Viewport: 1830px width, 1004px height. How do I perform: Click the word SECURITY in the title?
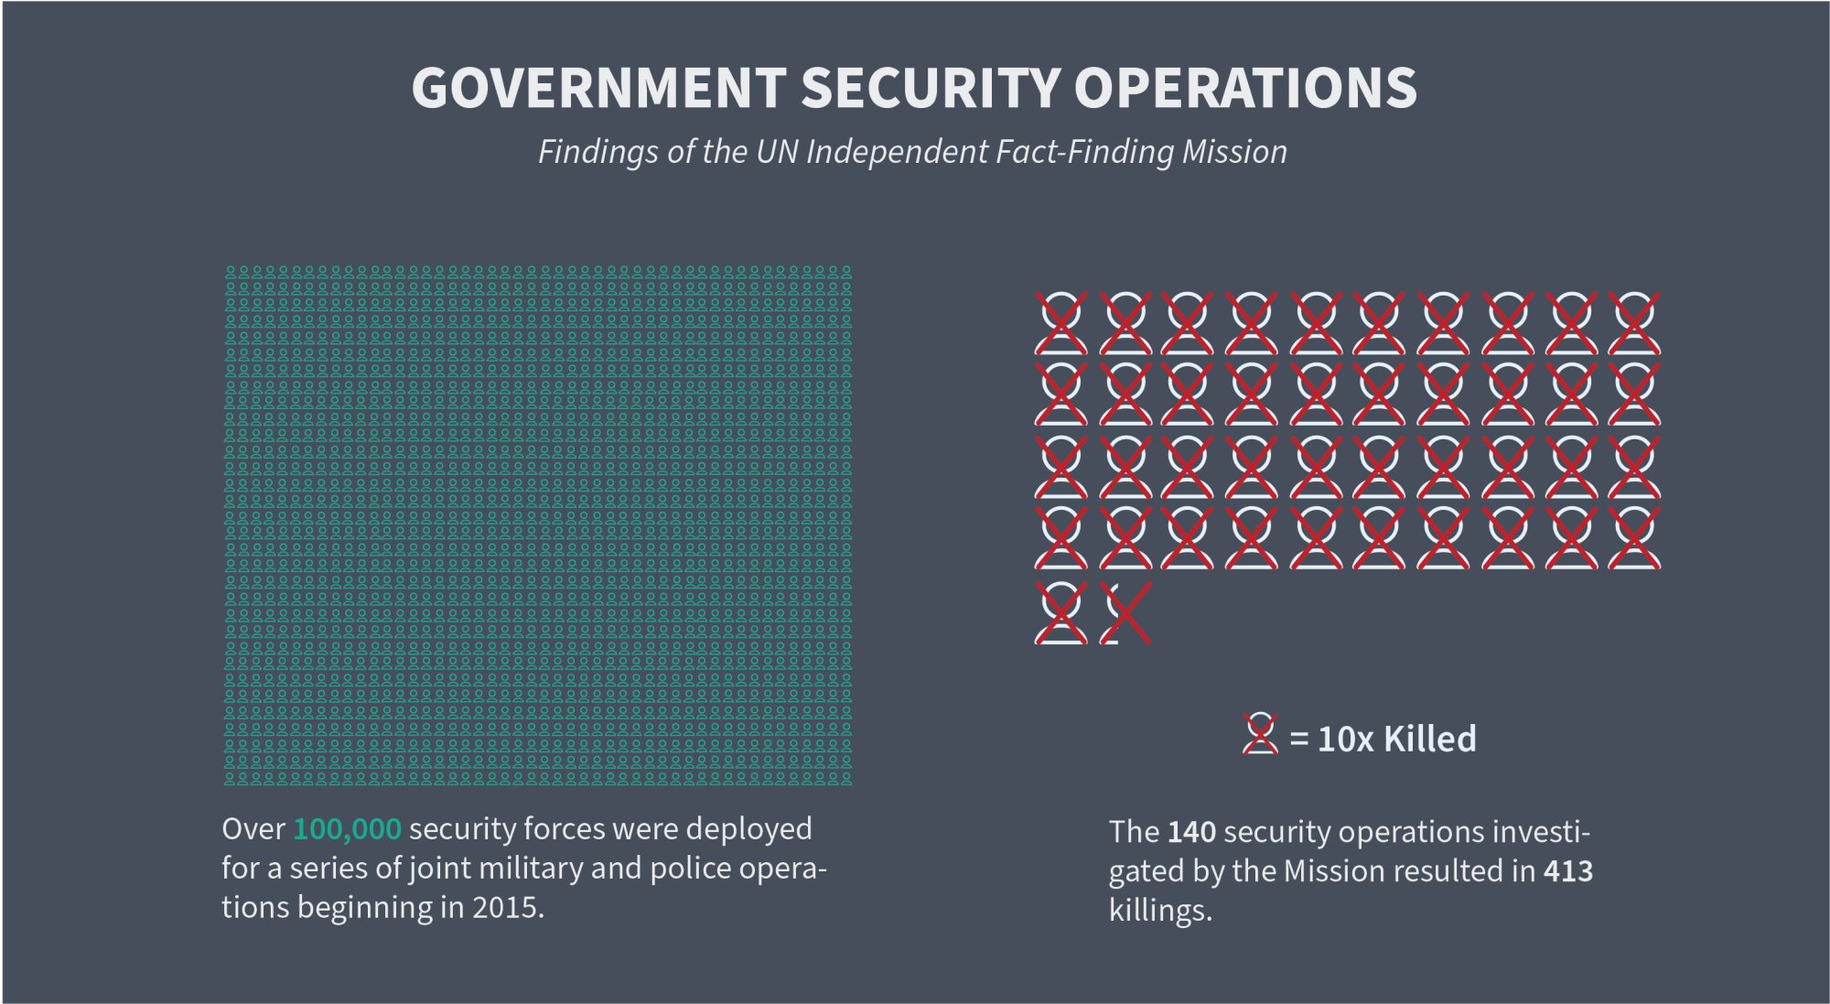(930, 89)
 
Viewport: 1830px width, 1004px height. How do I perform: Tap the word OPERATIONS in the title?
(1245, 89)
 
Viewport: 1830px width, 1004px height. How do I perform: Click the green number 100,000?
(347, 829)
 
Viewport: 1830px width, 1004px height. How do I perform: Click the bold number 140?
(1191, 832)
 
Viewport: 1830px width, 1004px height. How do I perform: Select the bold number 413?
(1568, 871)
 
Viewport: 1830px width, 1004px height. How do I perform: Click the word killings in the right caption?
(1158, 912)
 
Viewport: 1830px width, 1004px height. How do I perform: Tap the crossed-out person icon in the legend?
(1260, 734)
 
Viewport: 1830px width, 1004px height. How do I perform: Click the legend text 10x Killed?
(1396, 740)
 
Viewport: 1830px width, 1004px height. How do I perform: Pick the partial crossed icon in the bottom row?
(1125, 613)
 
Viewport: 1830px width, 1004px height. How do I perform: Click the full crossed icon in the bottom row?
(1061, 613)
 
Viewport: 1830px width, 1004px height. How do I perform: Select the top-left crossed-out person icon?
(1061, 323)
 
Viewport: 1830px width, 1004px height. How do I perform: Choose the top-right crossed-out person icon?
(1634, 323)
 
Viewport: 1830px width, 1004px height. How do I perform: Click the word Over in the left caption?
(253, 829)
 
